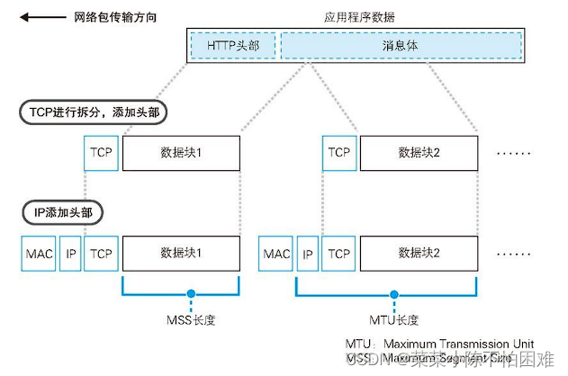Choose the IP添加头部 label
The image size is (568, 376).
click(62, 214)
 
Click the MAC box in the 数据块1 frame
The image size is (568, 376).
click(39, 254)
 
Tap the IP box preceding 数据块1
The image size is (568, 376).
click(70, 254)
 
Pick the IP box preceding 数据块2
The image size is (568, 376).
click(308, 254)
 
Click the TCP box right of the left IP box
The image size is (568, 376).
click(100, 254)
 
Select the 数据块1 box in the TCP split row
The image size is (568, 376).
click(181, 153)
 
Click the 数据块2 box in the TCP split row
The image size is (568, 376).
click(419, 153)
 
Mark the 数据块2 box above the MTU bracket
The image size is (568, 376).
click(419, 254)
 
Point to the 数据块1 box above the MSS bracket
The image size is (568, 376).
click(181, 254)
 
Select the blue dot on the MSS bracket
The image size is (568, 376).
click(191, 292)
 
